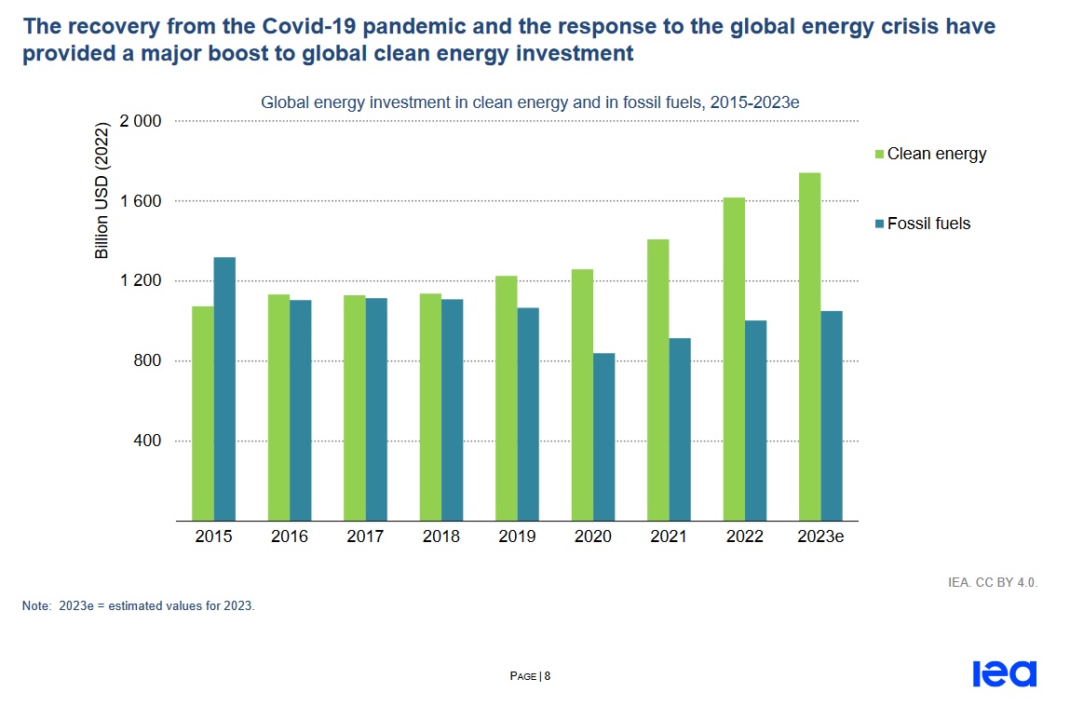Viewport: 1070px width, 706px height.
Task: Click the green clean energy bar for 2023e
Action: point(809,346)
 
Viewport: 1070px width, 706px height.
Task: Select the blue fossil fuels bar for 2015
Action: point(224,388)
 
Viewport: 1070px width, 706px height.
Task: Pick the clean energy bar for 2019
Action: point(506,398)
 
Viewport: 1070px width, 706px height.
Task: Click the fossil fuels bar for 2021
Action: point(680,429)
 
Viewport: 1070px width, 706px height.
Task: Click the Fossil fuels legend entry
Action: point(928,224)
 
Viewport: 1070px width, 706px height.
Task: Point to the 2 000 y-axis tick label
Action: point(141,121)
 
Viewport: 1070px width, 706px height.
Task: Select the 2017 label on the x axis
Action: point(365,536)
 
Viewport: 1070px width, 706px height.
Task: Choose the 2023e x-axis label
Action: point(819,536)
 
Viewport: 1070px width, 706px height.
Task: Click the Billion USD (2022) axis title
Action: point(102,190)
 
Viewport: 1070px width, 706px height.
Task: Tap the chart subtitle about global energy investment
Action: point(530,102)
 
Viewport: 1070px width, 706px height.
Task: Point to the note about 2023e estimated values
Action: point(138,605)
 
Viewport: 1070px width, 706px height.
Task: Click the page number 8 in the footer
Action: point(548,676)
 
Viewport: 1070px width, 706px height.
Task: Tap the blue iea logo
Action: point(1004,673)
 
